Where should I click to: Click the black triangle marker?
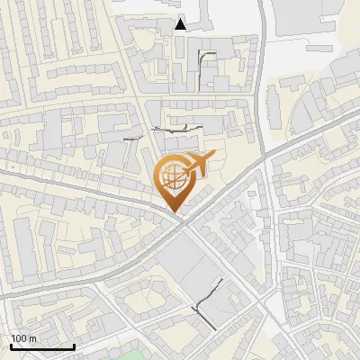[x=181, y=24]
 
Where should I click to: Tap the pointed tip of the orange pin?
[x=175, y=212]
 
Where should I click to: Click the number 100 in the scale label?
[x=19, y=338]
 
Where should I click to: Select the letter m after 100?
[x=32, y=338]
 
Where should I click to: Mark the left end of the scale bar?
[x=10, y=346]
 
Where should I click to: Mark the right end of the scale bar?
[x=74, y=346]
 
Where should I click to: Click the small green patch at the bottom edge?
[x=134, y=355]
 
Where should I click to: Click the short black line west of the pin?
[x=133, y=139]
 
